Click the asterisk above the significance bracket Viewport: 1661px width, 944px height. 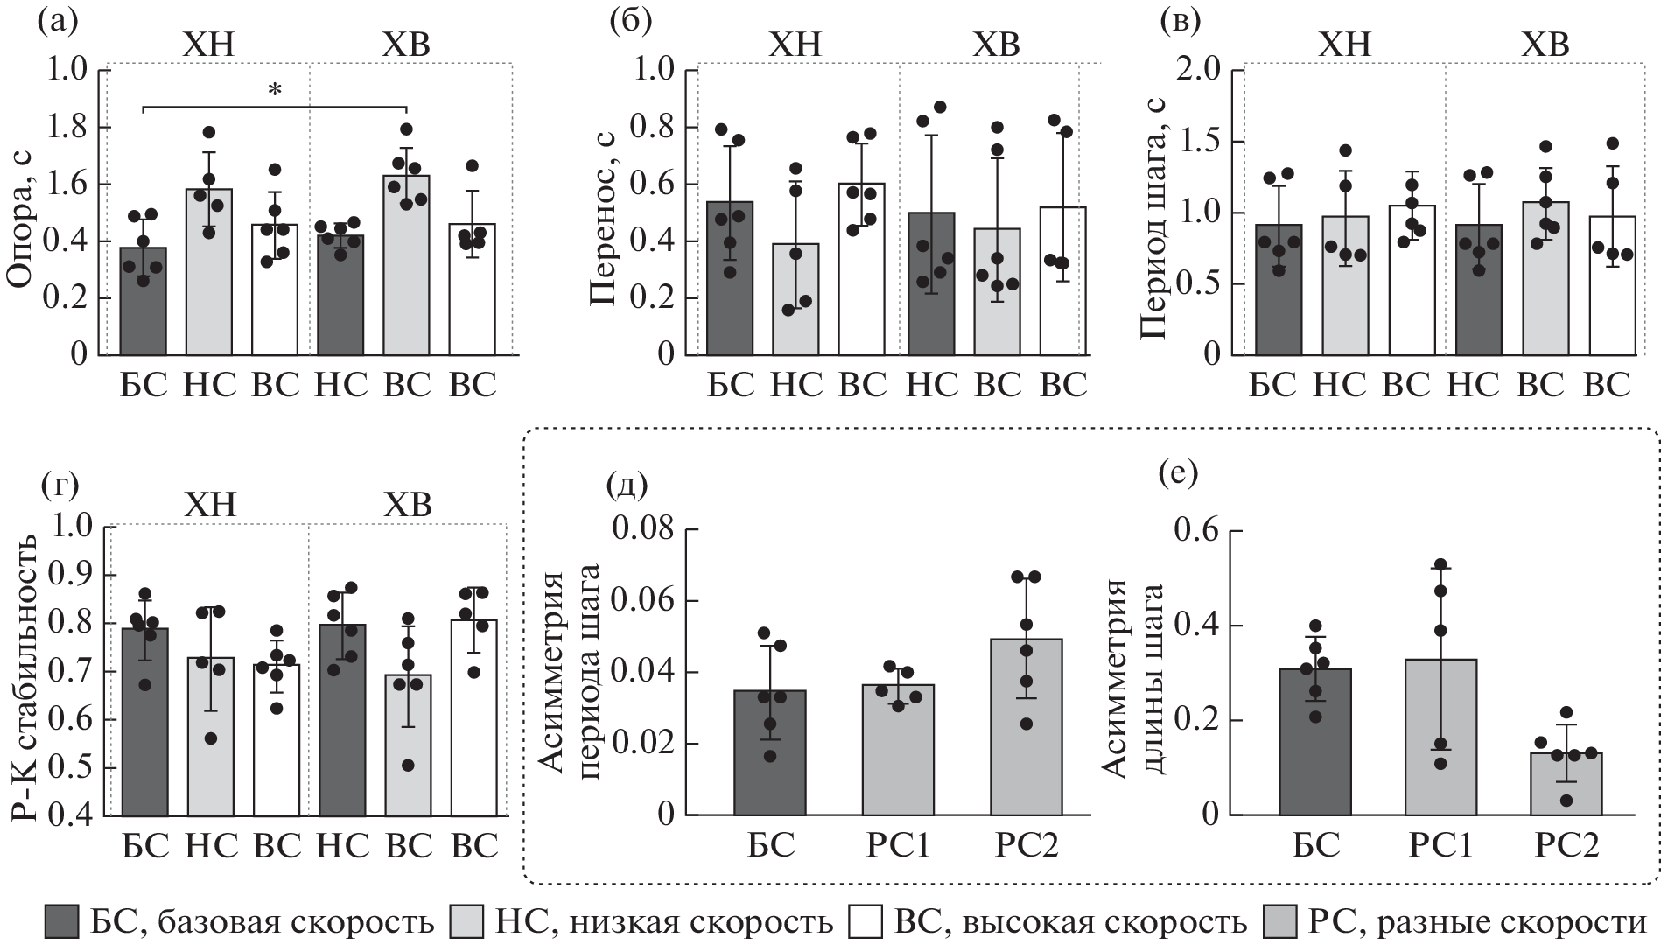point(276,91)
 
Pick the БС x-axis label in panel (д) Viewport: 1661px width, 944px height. point(770,845)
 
